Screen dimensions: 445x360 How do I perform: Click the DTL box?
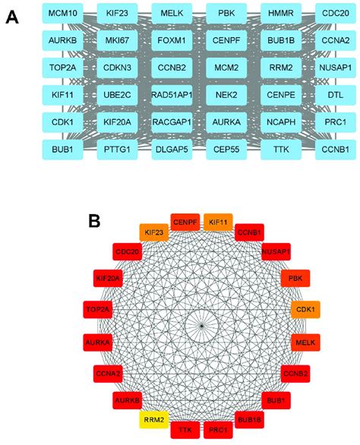tap(336, 95)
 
